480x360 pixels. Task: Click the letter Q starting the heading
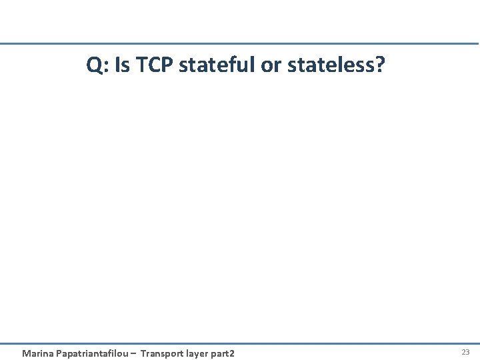coord(94,65)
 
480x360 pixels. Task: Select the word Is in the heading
coord(120,65)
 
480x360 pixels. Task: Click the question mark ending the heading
coord(380,65)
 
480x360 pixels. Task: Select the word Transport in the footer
coord(163,353)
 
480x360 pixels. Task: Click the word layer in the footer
coord(199,353)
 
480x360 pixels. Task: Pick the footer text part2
coord(223,353)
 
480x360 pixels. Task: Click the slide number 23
coord(465,351)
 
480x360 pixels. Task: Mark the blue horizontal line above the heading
coord(240,44)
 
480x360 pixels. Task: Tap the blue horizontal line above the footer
coord(240,344)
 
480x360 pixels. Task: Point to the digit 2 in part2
coord(232,353)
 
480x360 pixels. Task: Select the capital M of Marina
coord(26,353)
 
